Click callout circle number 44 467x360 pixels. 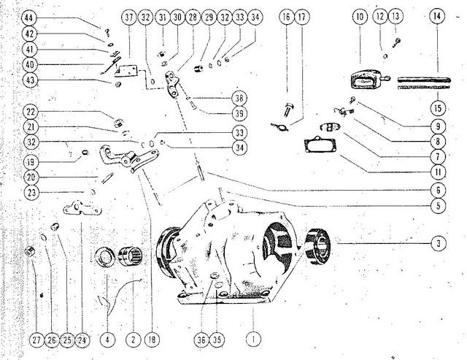click(29, 18)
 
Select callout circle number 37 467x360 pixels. click(129, 18)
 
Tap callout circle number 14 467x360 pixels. click(437, 16)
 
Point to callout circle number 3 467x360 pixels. click(439, 243)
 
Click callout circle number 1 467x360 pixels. click(253, 339)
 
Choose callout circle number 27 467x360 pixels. click(36, 340)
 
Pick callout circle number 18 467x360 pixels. click(152, 340)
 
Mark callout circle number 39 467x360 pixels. click(239, 113)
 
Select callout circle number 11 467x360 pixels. click(438, 172)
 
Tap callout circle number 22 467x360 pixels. click(31, 112)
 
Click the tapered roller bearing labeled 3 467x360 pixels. click(318, 247)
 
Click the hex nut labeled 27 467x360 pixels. click(30, 252)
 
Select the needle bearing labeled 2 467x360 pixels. click(131, 256)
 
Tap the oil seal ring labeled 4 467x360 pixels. click(105, 258)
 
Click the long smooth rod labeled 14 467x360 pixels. click(424, 80)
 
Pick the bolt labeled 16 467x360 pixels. click(288, 110)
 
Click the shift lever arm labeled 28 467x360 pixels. click(172, 84)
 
